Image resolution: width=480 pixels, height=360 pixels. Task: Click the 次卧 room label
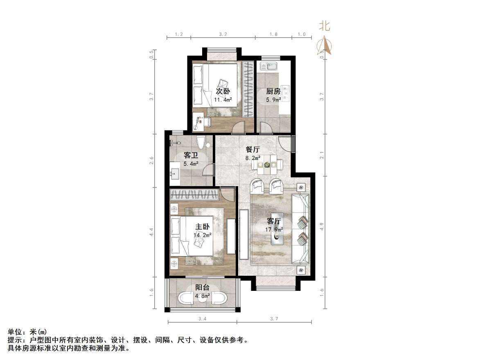click(223, 91)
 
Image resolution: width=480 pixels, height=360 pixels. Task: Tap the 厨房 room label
click(273, 91)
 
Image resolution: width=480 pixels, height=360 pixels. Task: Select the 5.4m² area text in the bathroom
click(190, 164)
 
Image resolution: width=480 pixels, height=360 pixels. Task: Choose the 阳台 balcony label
click(202, 288)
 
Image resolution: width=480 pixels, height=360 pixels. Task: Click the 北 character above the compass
click(325, 27)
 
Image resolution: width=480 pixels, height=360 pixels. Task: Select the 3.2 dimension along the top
click(223, 34)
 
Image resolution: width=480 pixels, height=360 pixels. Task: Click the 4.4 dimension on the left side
click(151, 232)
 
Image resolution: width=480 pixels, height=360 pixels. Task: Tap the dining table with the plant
click(267, 165)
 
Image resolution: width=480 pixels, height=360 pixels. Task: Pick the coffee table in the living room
click(280, 228)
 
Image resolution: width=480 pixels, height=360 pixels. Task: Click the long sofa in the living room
click(301, 229)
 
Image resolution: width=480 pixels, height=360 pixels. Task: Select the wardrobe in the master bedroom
click(194, 194)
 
